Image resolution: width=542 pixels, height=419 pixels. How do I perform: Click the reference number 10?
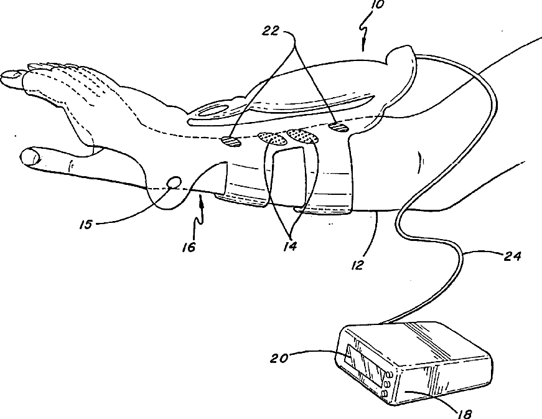point(378,5)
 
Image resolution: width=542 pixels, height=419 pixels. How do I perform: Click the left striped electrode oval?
point(231,142)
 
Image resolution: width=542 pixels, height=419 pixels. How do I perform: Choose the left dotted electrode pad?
point(270,136)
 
